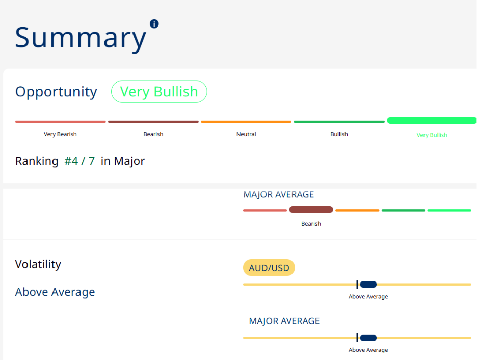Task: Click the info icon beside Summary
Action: pyautogui.click(x=154, y=24)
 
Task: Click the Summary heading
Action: pyautogui.click(x=81, y=38)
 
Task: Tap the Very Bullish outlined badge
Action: pyautogui.click(x=159, y=92)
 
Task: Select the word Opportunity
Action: pyautogui.click(x=56, y=92)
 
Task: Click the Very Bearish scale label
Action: pyautogui.click(x=60, y=134)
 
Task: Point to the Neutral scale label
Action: pyautogui.click(x=246, y=134)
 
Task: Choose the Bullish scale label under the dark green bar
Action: pyautogui.click(x=339, y=134)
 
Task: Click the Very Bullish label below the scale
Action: pyautogui.click(x=432, y=135)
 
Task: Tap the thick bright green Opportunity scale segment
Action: pyautogui.click(x=432, y=120)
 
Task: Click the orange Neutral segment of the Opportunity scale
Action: pyautogui.click(x=246, y=122)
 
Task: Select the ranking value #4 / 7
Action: pyautogui.click(x=79, y=161)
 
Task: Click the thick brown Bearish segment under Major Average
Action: pyautogui.click(x=311, y=210)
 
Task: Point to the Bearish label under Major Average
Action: pyautogui.click(x=311, y=224)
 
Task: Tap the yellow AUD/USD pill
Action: pyautogui.click(x=269, y=268)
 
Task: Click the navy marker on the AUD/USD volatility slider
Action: pyautogui.click(x=368, y=285)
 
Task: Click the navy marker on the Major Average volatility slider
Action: pyautogui.click(x=368, y=338)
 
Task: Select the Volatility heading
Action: pyautogui.click(x=38, y=264)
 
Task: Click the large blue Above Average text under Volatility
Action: pyautogui.click(x=55, y=292)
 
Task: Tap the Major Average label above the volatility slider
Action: pyautogui.click(x=284, y=321)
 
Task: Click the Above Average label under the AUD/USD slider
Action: pyautogui.click(x=368, y=296)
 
